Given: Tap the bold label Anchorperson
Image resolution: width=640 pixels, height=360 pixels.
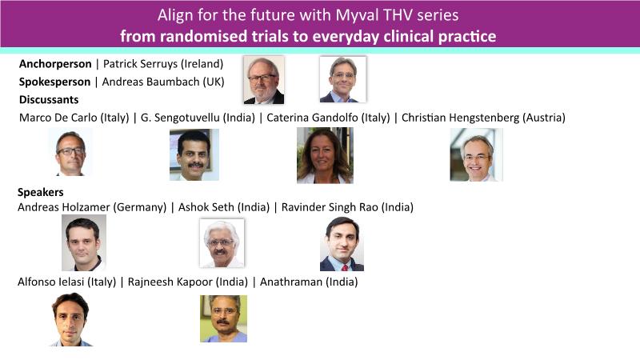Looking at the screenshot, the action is point(55,64).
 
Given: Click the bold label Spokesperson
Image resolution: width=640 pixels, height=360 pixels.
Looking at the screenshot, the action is point(54,82).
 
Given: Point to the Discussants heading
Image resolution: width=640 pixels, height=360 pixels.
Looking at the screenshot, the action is point(49,99).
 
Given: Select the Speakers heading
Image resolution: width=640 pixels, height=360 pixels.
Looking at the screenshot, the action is point(41,192).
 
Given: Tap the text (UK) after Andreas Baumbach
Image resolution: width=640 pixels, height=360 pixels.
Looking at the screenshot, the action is point(214,82).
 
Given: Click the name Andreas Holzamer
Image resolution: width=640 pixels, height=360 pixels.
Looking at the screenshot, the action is point(64,207).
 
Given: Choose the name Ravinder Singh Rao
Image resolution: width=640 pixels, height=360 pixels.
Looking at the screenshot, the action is point(330,207).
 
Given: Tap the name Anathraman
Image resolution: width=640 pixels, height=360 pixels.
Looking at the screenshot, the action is point(291,282).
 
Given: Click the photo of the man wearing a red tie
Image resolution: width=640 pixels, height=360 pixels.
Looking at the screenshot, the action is point(342,244).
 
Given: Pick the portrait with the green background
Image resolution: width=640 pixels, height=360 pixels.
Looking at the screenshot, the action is point(223,318).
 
